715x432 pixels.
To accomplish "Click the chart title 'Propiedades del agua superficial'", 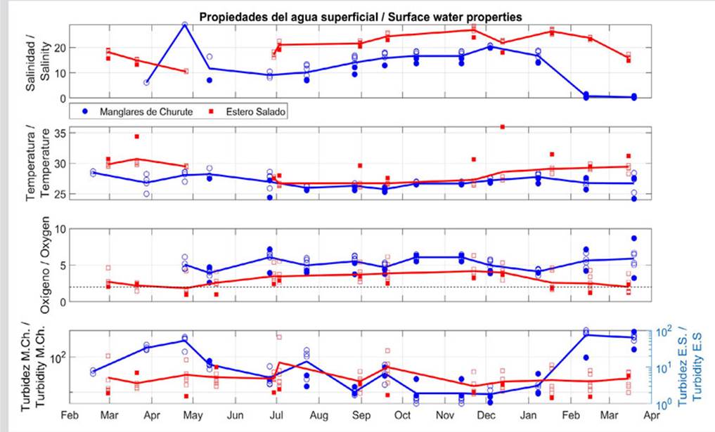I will pyautogui.click(x=359, y=15).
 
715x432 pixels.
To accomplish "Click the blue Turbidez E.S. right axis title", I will pyautogui.click(x=693, y=365).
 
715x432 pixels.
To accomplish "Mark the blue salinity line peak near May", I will pyautogui.click(x=184, y=25).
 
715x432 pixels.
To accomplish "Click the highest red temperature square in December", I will pyautogui.click(x=503, y=126).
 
